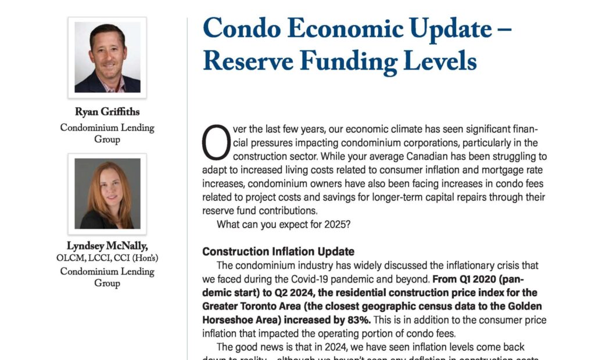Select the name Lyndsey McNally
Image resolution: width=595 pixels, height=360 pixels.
107,247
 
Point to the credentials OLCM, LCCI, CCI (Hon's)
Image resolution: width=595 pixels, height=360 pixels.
107,258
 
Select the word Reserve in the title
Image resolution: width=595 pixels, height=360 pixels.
248,60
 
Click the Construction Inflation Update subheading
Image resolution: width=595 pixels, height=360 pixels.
278,252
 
